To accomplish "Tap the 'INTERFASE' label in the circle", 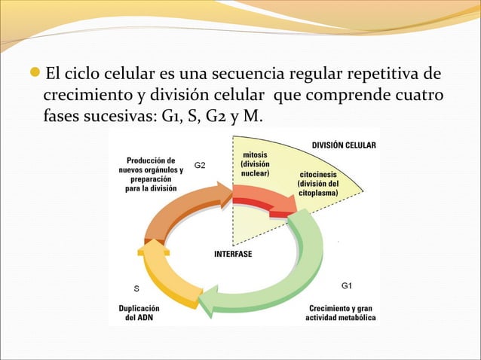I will click(233, 254).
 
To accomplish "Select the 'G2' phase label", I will click(201, 163).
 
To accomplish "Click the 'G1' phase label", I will click(347, 286).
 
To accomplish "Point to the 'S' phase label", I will click(136, 288).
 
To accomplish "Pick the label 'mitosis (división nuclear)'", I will click(253, 163).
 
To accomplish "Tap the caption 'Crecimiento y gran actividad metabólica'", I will click(340, 313).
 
